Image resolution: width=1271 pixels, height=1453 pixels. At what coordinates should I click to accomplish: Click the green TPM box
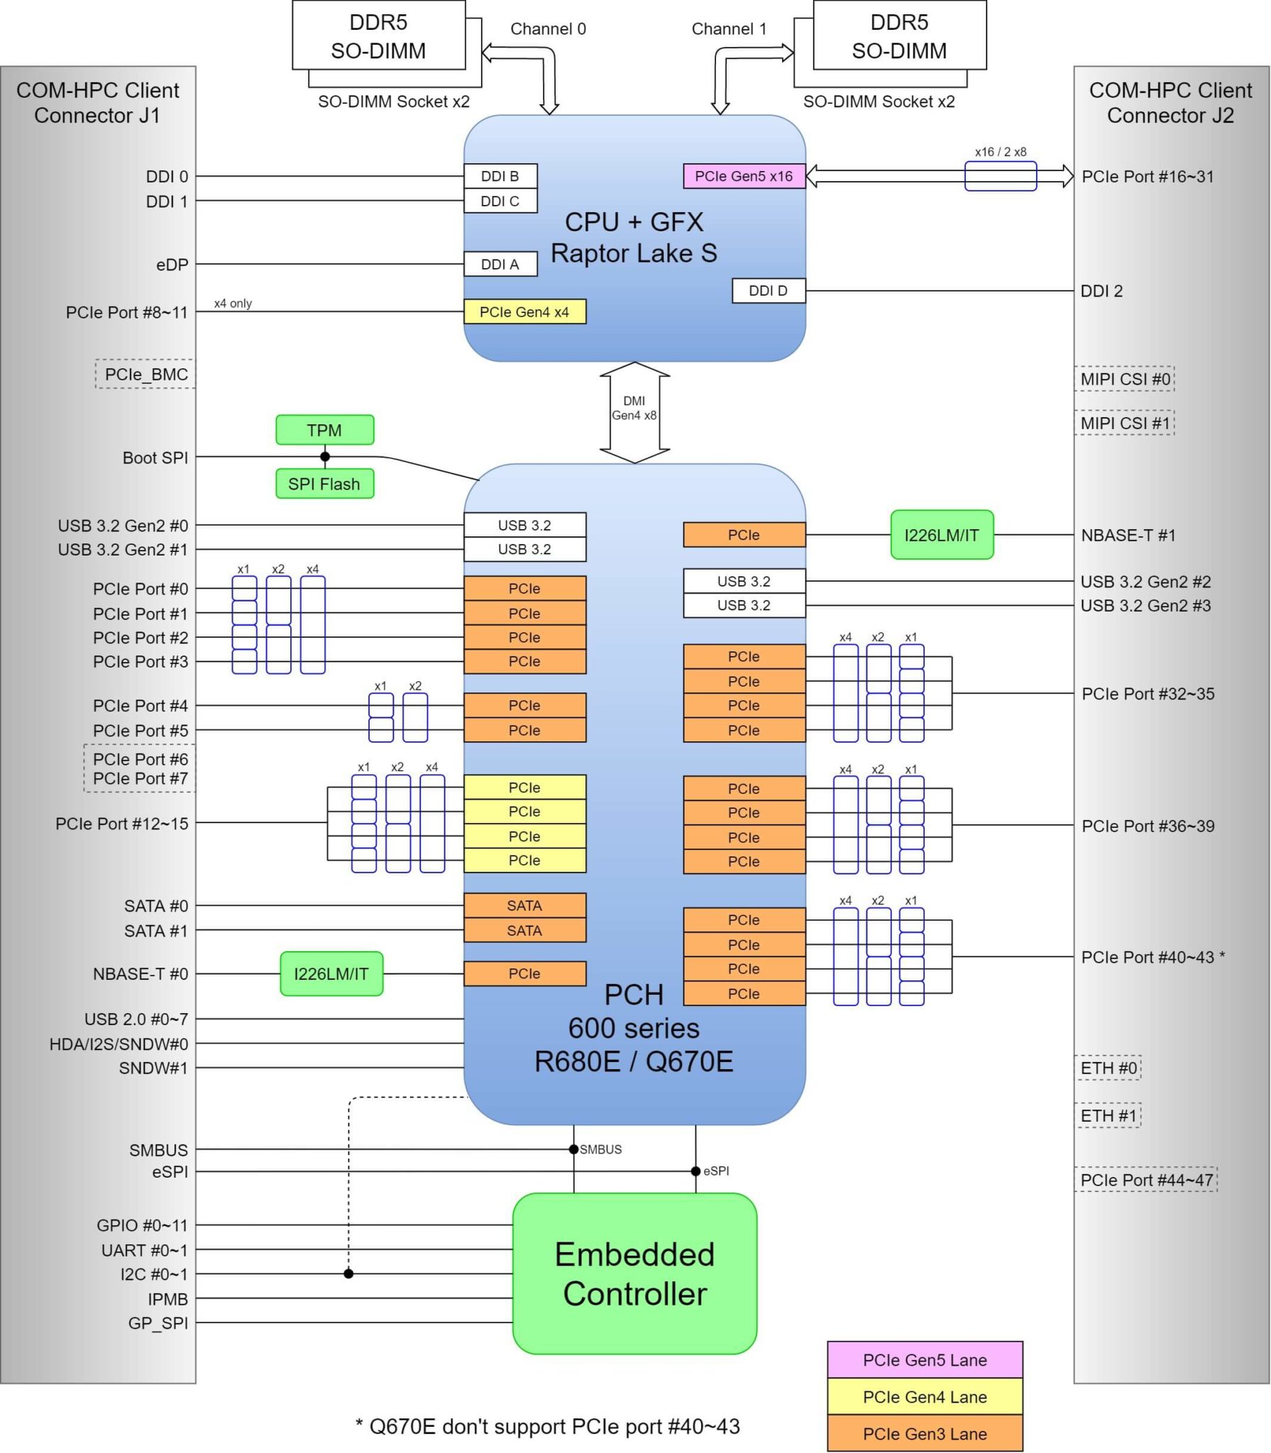coord(324,430)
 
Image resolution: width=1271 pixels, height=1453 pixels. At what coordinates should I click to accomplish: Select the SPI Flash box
coord(324,484)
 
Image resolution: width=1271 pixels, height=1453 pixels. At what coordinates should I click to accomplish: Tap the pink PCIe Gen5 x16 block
coord(744,176)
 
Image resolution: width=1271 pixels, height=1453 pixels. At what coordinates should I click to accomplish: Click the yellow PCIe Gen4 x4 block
coord(524,311)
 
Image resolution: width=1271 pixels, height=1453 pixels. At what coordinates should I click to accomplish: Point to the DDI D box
coord(768,290)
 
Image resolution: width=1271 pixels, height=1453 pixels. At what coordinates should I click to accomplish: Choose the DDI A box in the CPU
coord(500,264)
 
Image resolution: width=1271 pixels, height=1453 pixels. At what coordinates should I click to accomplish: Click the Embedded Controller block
coord(634,1274)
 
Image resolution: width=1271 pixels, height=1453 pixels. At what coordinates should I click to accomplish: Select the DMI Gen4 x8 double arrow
coord(634,412)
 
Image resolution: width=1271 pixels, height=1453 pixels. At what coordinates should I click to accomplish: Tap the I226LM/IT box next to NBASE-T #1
coord(942,535)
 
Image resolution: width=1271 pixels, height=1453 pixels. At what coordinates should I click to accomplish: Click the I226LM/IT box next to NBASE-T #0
coord(331,973)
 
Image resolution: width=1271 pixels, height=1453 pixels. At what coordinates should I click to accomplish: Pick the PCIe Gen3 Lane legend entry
coord(925,1433)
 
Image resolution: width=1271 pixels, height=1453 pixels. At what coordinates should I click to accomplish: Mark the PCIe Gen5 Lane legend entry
coord(925,1359)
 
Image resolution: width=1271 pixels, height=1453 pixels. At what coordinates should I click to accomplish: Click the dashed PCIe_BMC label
coord(145,374)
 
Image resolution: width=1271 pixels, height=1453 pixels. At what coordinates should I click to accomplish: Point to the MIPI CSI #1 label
coord(1124,423)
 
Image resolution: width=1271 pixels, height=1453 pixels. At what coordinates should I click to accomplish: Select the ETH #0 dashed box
coord(1108,1068)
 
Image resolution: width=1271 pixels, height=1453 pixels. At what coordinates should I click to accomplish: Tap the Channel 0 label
coord(548,29)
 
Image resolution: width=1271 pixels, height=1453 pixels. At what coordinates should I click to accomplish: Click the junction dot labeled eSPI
coord(695,1171)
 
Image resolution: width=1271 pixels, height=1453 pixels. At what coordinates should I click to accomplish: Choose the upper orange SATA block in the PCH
coord(524,905)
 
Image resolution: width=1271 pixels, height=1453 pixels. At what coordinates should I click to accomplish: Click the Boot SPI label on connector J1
coord(155,458)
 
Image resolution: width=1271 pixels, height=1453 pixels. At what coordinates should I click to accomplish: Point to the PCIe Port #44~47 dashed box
coord(1145,1180)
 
